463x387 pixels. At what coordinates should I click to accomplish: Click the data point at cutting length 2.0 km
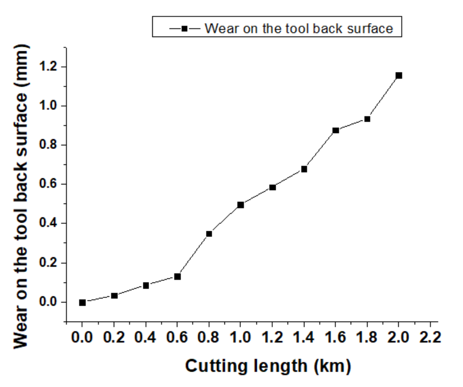click(x=399, y=75)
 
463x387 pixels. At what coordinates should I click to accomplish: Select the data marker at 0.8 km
click(x=209, y=234)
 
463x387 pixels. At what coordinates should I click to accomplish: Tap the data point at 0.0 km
click(x=82, y=302)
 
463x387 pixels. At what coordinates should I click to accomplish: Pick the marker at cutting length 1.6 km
click(x=336, y=130)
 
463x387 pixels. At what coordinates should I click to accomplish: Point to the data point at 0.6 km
click(x=177, y=277)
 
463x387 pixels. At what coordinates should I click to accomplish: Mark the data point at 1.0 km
click(x=240, y=205)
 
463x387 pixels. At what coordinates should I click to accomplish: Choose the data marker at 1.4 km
click(x=304, y=169)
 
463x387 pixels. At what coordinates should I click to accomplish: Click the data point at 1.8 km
click(x=367, y=119)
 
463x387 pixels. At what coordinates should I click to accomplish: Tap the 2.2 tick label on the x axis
click(x=430, y=337)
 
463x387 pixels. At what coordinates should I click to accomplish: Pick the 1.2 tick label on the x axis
click(x=272, y=337)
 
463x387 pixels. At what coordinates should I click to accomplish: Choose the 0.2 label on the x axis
click(x=114, y=337)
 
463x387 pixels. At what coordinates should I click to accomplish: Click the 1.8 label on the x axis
click(x=367, y=337)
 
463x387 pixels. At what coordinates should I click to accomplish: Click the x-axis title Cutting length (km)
click(x=268, y=366)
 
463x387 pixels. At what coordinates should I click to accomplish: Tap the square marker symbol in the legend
click(x=185, y=29)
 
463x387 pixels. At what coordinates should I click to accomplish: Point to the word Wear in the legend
click(x=221, y=28)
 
